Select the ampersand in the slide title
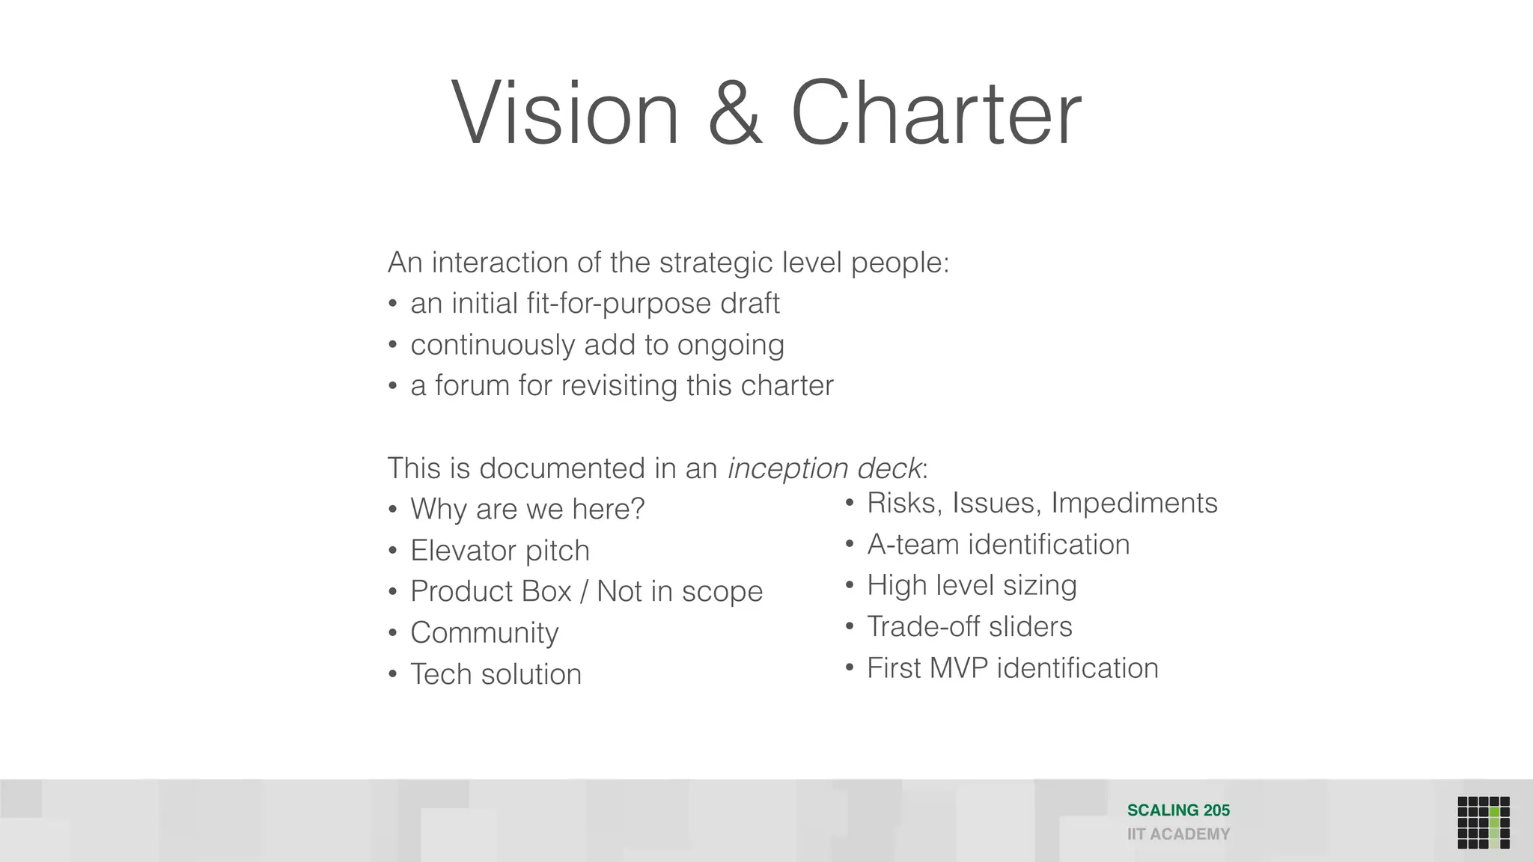point(735,114)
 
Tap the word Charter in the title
point(936,114)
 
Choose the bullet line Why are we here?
point(527,510)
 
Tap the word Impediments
point(1134,504)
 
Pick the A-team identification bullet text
point(999,545)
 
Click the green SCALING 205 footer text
point(1178,810)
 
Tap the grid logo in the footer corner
point(1484,822)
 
